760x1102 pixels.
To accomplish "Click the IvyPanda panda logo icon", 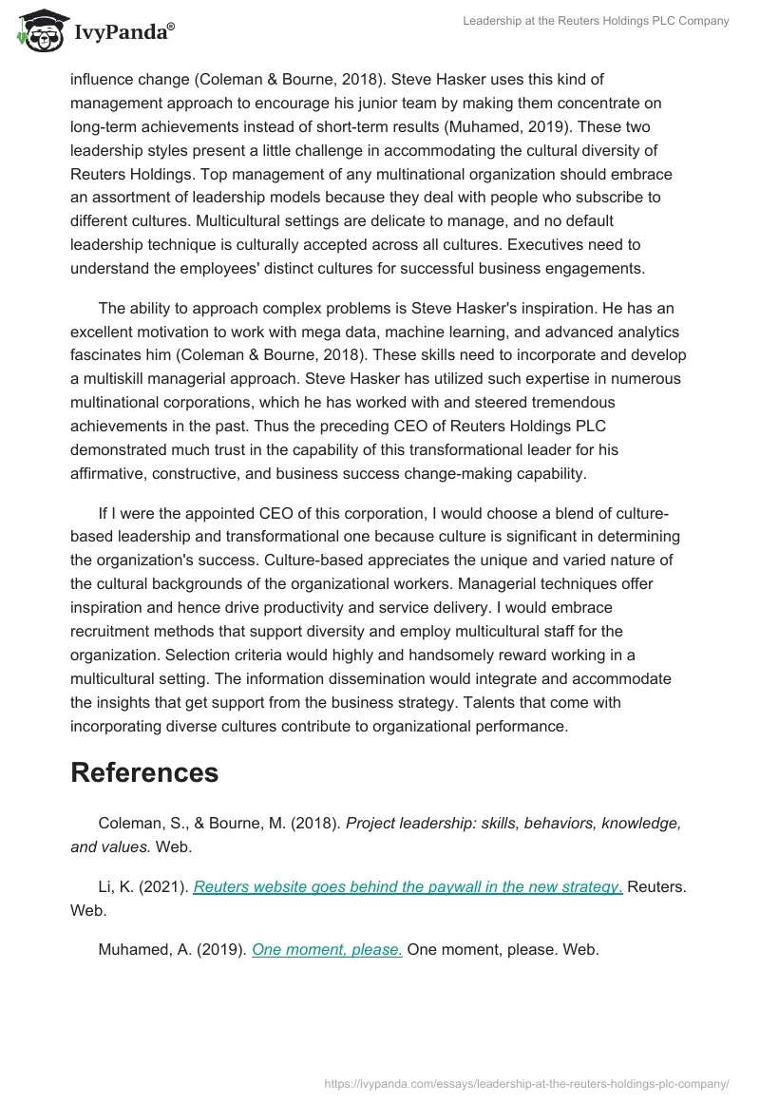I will [x=39, y=31].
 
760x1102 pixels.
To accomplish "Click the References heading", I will [x=144, y=772].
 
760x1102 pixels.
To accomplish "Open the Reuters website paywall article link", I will [x=408, y=886].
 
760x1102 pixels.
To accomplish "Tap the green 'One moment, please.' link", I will [x=327, y=948].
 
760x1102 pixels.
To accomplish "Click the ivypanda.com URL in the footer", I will [x=526, y=1082].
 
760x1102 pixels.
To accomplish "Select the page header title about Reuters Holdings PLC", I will [x=595, y=21].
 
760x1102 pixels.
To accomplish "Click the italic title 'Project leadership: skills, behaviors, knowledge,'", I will [x=513, y=823].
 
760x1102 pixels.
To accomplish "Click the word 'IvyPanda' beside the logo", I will [x=124, y=32].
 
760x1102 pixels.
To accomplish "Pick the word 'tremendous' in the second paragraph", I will [x=545, y=403].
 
